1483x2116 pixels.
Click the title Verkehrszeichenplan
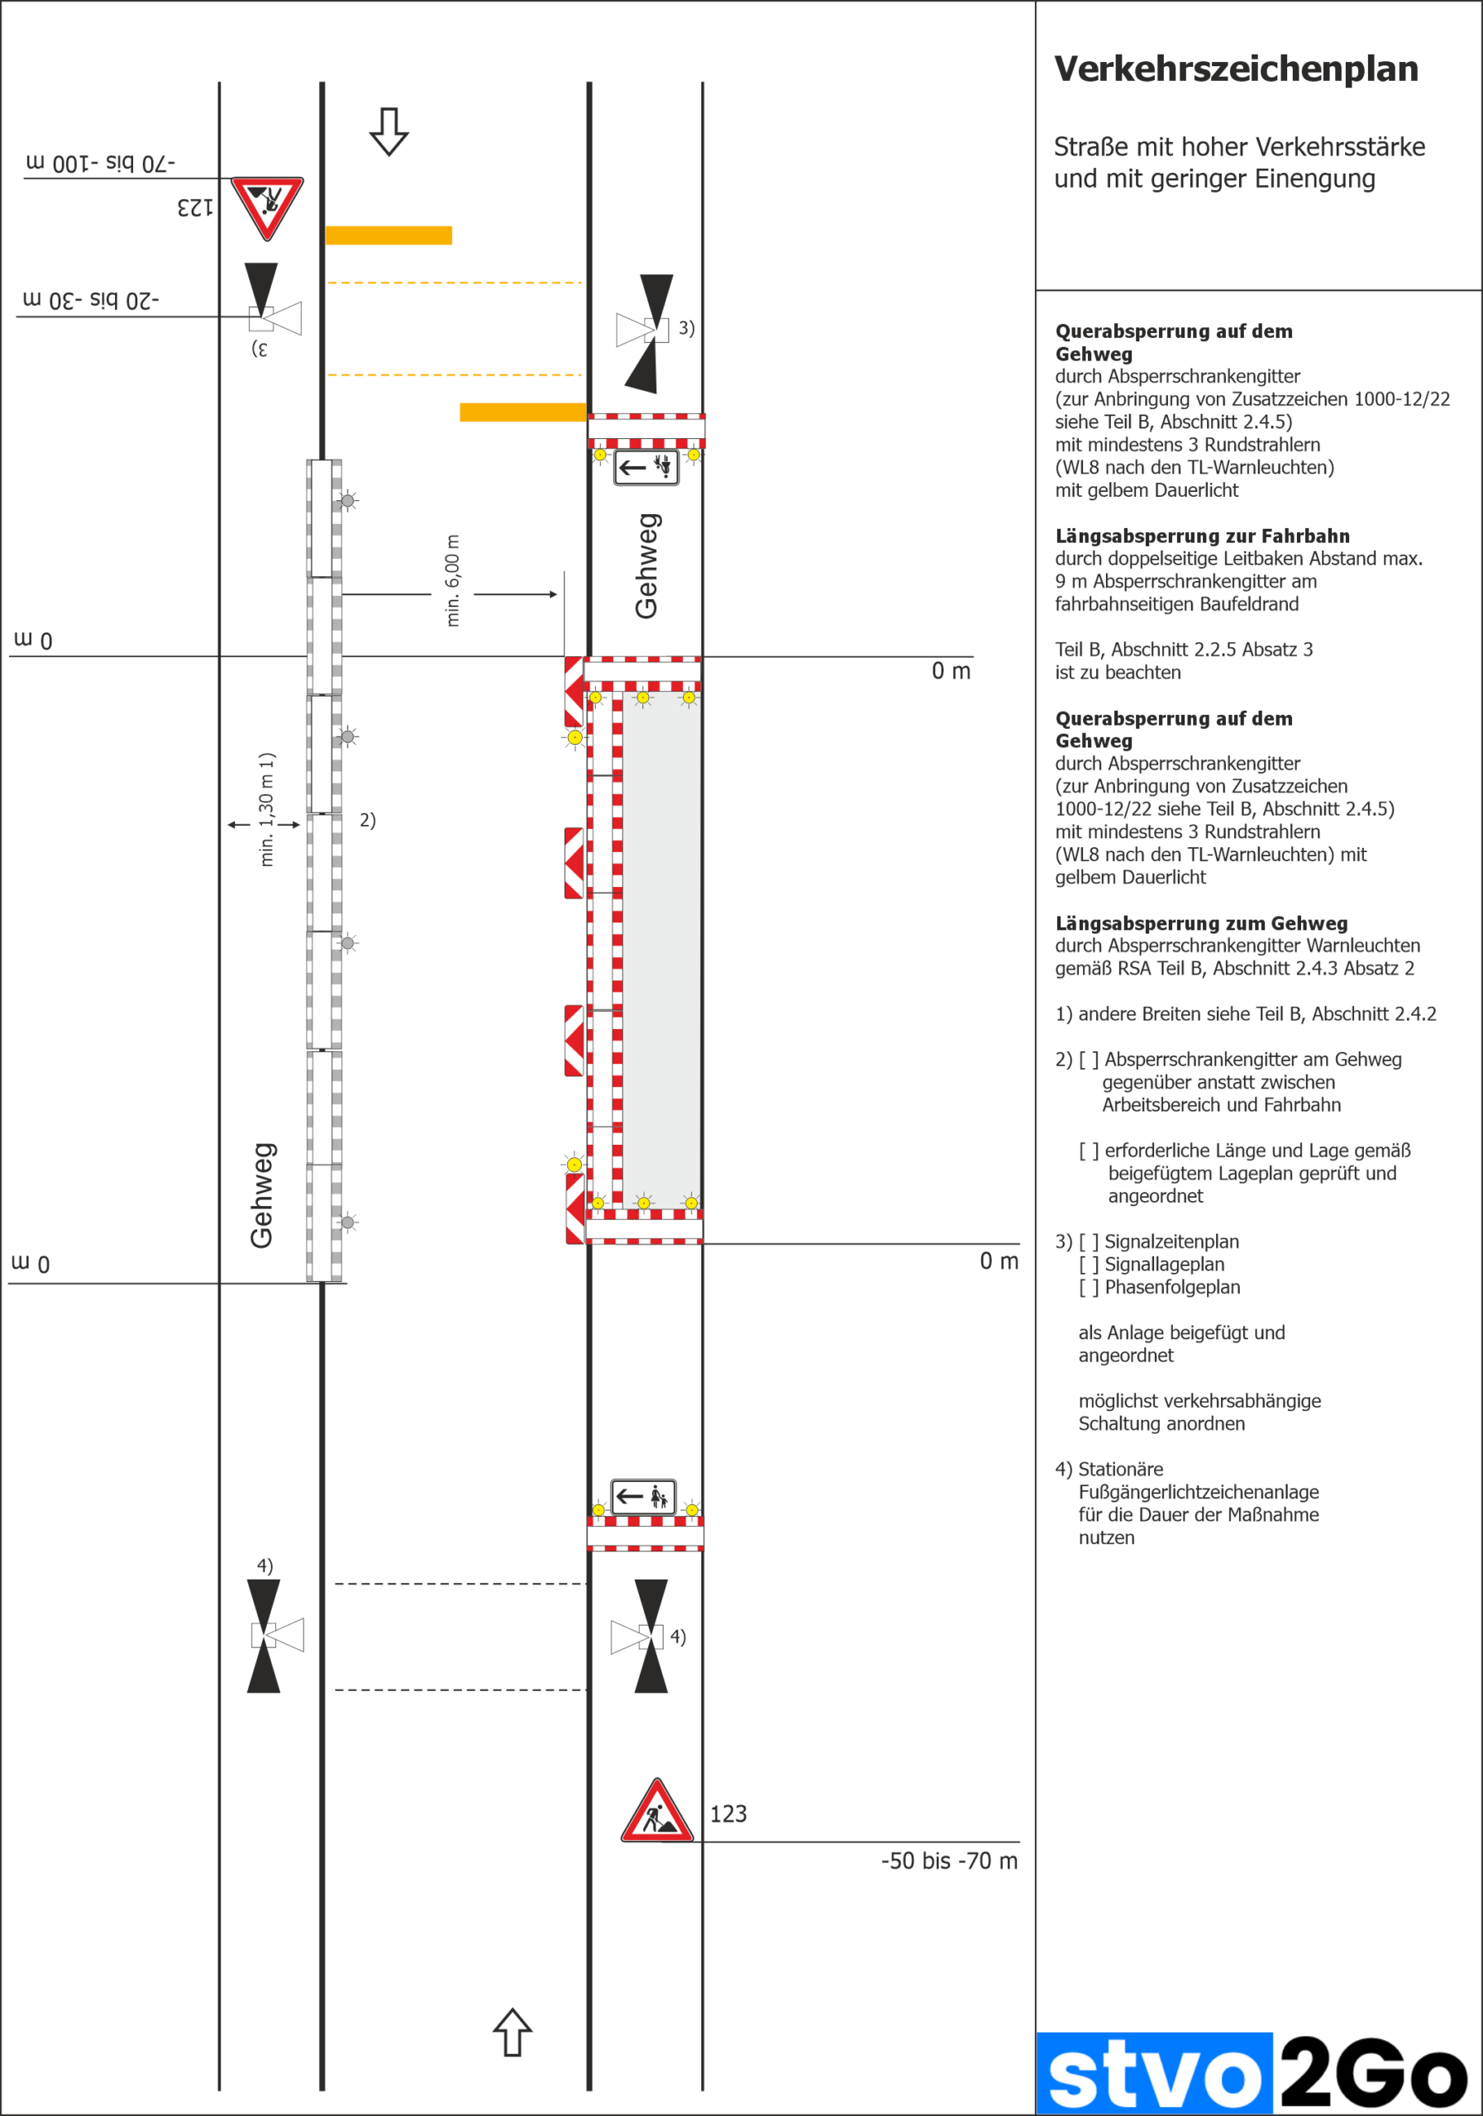[1235, 69]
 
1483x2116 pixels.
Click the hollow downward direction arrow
[389, 131]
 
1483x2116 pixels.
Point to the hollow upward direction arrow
[513, 2033]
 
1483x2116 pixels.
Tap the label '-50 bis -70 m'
[948, 1861]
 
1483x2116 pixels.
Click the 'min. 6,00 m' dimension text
[452, 580]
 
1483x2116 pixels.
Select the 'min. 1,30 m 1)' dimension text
[266, 809]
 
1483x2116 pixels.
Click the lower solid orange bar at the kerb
[522, 412]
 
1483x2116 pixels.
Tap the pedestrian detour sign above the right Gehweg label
[646, 467]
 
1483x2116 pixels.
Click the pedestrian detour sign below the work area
[643, 1497]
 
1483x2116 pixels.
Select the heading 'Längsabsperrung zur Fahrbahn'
[1202, 536]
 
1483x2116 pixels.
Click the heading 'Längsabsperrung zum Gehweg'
[1201, 923]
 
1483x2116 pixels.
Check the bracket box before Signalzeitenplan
[1089, 1241]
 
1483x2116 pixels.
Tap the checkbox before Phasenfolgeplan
[1089, 1288]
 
